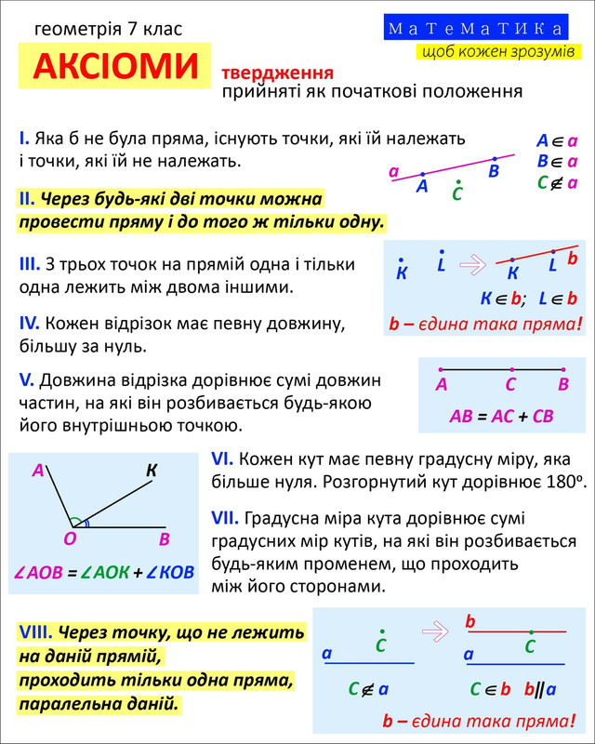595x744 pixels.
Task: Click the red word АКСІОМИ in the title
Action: click(116, 66)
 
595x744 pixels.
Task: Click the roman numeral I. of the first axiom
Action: click(24, 139)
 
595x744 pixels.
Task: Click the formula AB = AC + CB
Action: click(501, 416)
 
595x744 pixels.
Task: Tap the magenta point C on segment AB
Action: click(510, 370)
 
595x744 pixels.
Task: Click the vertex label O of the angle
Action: click(69, 538)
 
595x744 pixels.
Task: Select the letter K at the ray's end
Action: click(151, 472)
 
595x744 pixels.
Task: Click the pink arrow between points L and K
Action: click(473, 266)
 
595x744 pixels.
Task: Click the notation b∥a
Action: click(539, 689)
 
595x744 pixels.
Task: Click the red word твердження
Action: click(276, 73)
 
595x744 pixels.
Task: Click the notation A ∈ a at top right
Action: click(557, 141)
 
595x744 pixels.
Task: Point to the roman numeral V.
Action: click(26, 381)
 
